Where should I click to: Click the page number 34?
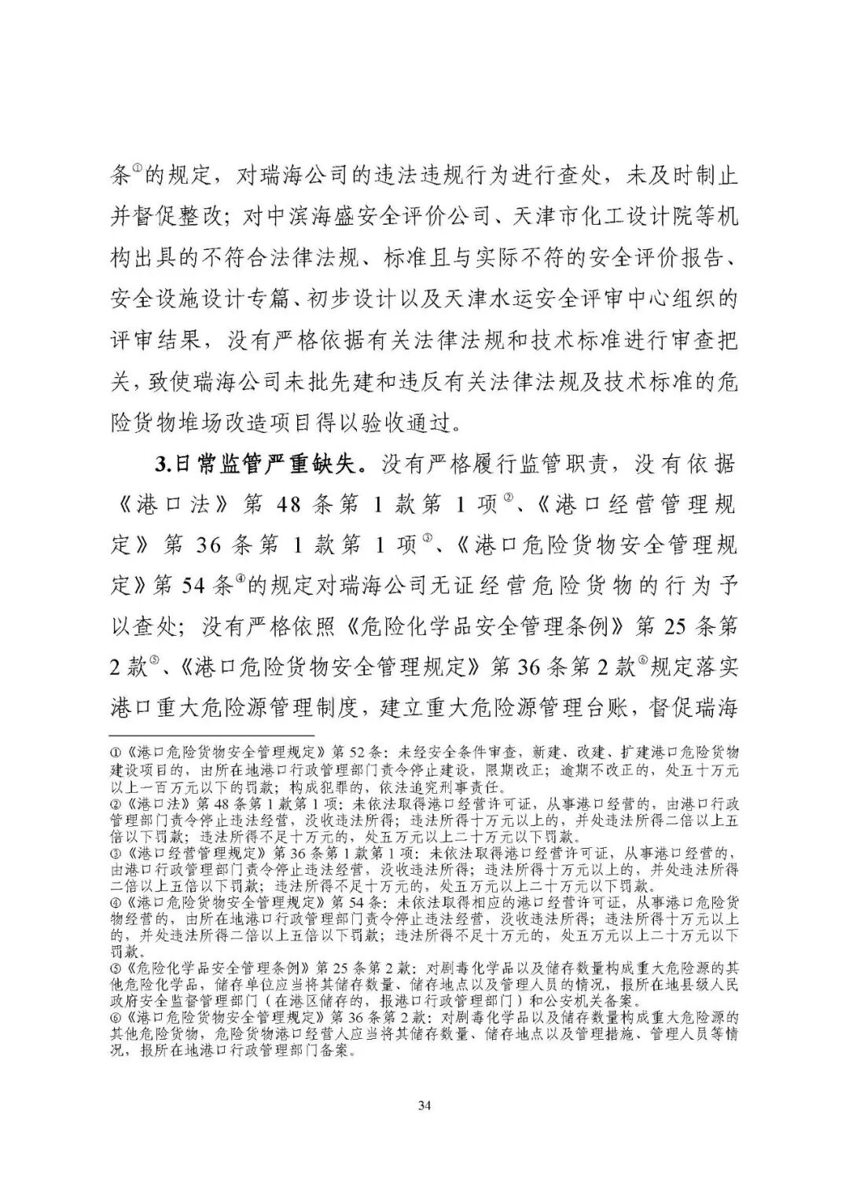[x=424, y=1106]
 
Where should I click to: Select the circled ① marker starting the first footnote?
[x=115, y=752]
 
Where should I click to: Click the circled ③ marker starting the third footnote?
[x=115, y=853]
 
